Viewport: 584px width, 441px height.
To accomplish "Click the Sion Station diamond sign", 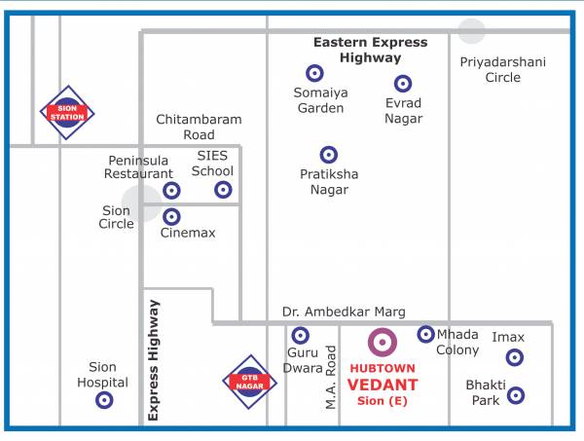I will pyautogui.click(x=67, y=112).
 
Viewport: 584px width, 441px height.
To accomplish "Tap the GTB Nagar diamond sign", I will pyautogui.click(x=250, y=383).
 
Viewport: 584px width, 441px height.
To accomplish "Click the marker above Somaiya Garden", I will pyautogui.click(x=314, y=73).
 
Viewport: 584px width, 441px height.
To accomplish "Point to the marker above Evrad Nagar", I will pyautogui.click(x=403, y=84).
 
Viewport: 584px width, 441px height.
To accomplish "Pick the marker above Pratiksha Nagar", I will pyautogui.click(x=329, y=155).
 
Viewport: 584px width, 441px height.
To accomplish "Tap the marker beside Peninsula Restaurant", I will pyautogui.click(x=171, y=191).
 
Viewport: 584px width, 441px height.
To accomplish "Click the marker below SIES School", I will pyautogui.click(x=223, y=190).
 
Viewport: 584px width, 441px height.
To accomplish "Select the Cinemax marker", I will pyautogui.click(x=171, y=217).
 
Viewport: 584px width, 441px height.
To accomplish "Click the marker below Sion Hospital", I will pyautogui.click(x=104, y=400).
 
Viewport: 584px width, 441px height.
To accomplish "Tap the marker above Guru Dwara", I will pyautogui.click(x=300, y=336).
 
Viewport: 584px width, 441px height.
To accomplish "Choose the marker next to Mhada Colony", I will pyautogui.click(x=425, y=334).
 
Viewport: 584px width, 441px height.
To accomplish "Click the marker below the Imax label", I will pyautogui.click(x=515, y=357).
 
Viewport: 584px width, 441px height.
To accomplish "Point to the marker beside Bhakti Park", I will pyautogui.click(x=516, y=395).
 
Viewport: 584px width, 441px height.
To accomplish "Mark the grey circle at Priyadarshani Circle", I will pyautogui.click(x=472, y=31).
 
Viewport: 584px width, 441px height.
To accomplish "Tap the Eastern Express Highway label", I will pyautogui.click(x=370, y=50).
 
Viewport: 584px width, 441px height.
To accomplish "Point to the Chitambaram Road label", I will pyautogui.click(x=199, y=127).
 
